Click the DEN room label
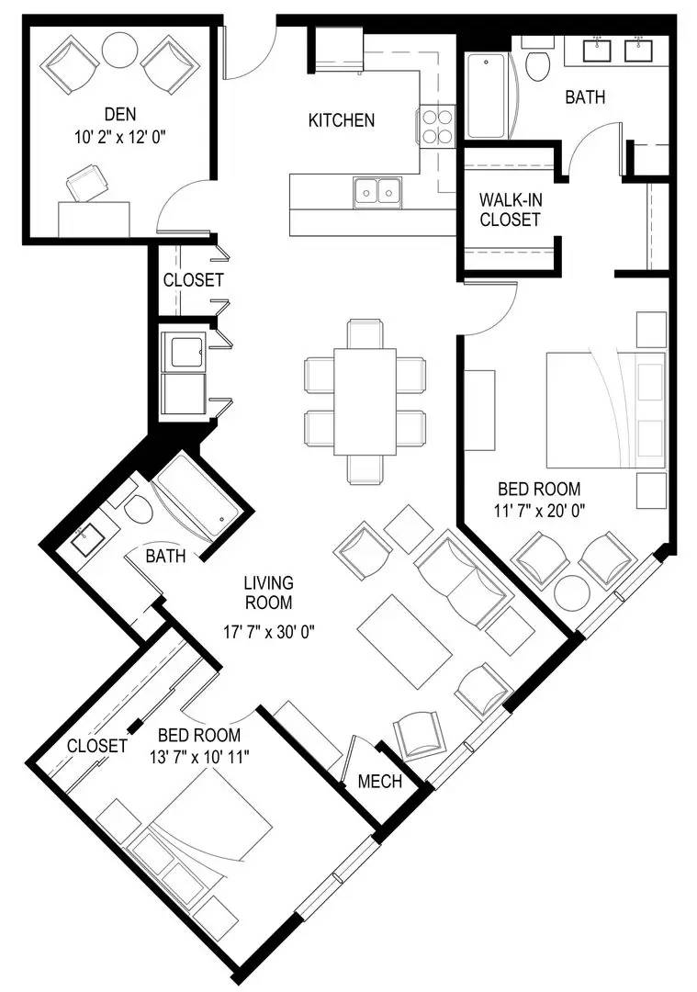pyautogui.click(x=120, y=115)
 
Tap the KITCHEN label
pyautogui.click(x=342, y=120)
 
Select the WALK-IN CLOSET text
pyautogui.click(x=510, y=209)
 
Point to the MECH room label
pyautogui.click(x=380, y=782)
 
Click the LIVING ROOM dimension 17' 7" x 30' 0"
pyautogui.click(x=269, y=631)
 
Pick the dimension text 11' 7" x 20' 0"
pyautogui.click(x=540, y=511)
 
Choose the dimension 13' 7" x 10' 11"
pyautogui.click(x=199, y=756)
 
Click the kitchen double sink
pyautogui.click(x=377, y=191)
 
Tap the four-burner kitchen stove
pyautogui.click(x=437, y=127)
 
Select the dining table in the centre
pyautogui.click(x=365, y=401)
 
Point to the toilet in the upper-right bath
pyautogui.click(x=538, y=63)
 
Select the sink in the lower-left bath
pyautogui.click(x=85, y=542)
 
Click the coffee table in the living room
pyautogui.click(x=405, y=641)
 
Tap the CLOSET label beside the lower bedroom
pyautogui.click(x=97, y=746)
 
